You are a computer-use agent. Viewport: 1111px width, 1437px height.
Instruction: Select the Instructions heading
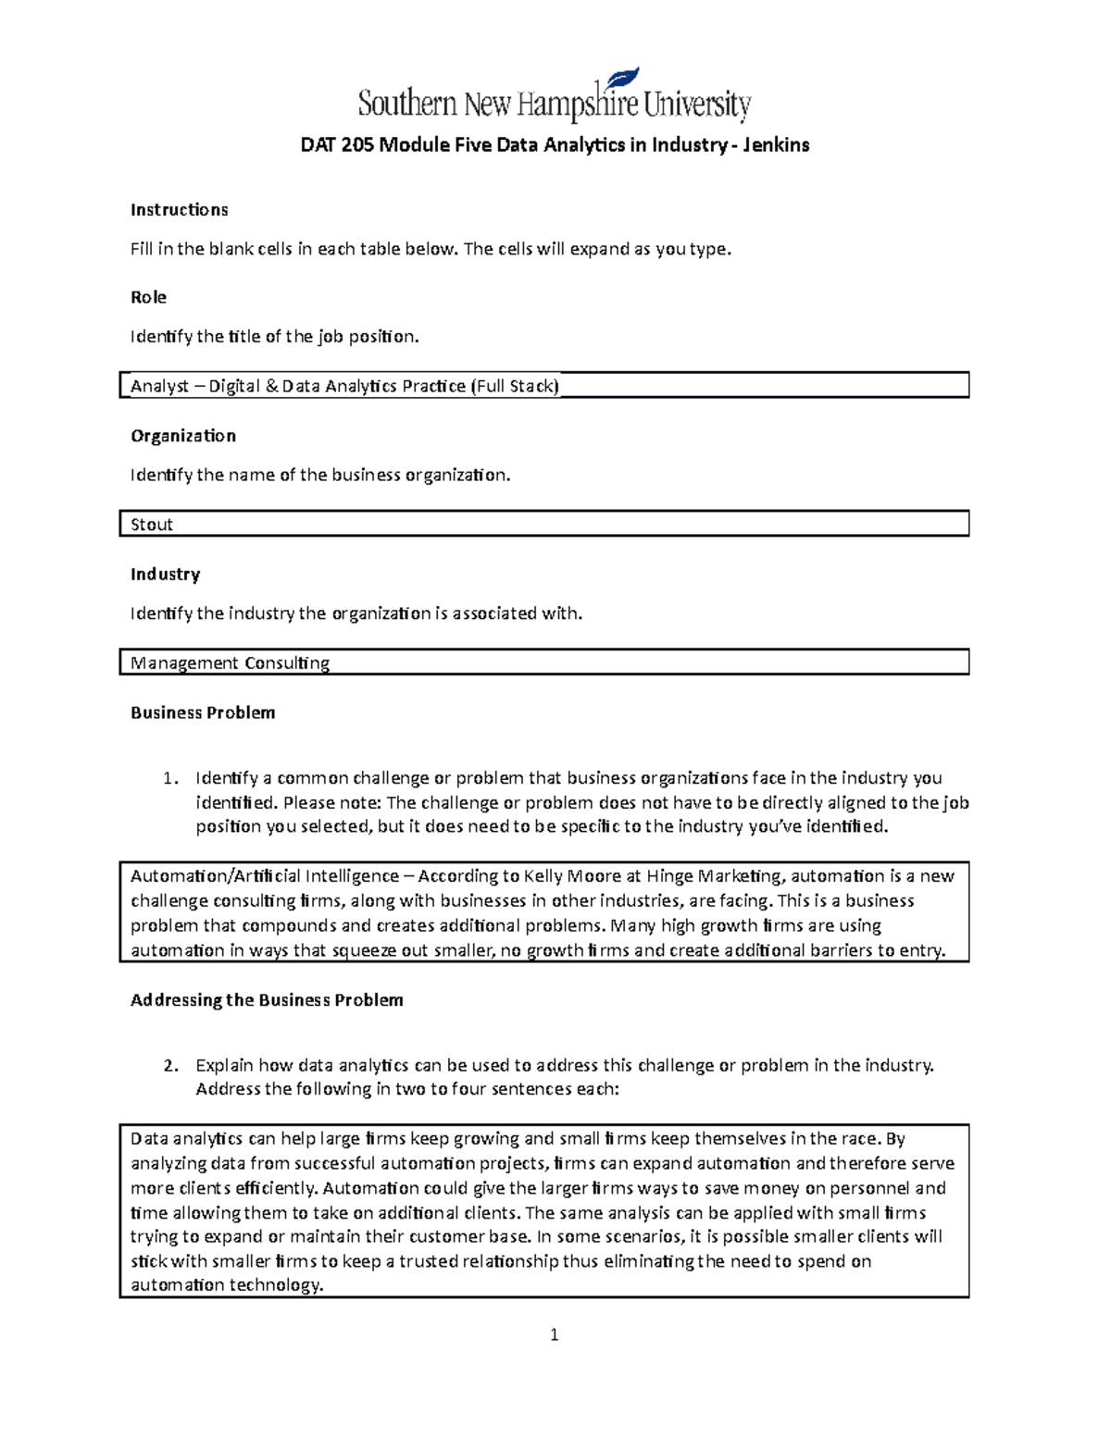point(179,210)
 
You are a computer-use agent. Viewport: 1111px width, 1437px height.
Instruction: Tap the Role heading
point(148,297)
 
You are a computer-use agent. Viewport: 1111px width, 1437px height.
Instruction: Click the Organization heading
point(182,436)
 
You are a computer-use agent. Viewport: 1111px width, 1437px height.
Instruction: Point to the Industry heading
point(165,575)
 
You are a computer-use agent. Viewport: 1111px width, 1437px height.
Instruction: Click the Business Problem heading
point(203,712)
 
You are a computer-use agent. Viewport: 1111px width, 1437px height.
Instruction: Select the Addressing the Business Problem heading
point(267,1000)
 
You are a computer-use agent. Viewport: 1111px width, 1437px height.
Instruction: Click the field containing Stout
point(543,525)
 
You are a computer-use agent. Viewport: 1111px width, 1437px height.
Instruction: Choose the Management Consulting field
point(543,663)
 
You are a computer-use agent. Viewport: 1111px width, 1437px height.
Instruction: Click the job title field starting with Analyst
point(543,386)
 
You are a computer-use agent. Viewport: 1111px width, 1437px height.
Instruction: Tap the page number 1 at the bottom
point(554,1334)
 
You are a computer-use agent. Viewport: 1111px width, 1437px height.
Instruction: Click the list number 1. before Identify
point(169,778)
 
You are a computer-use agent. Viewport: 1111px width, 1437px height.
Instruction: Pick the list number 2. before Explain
point(169,1065)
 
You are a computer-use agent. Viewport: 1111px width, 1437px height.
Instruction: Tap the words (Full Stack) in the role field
point(515,387)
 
